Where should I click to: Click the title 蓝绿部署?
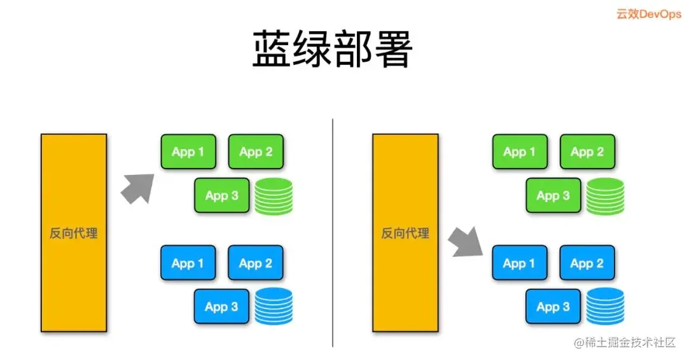pos(333,49)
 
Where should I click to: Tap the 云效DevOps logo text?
pos(648,14)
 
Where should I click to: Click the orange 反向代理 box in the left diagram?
pos(74,233)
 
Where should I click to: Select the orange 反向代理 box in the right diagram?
pos(405,233)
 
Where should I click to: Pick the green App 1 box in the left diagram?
pos(188,151)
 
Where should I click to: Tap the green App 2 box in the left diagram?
pos(256,151)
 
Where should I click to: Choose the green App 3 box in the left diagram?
pos(221,195)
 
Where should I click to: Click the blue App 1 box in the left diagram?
pos(188,263)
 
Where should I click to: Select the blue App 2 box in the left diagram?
pos(256,263)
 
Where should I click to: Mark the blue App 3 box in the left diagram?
pos(221,307)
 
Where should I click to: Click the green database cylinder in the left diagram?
pos(274,197)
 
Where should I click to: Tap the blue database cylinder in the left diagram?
pos(274,307)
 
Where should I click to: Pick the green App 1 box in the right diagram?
pos(520,151)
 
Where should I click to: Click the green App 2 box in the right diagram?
pos(587,151)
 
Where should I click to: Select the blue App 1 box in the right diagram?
pos(520,263)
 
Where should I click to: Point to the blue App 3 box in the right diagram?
pos(553,307)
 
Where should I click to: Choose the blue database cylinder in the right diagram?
pos(605,307)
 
